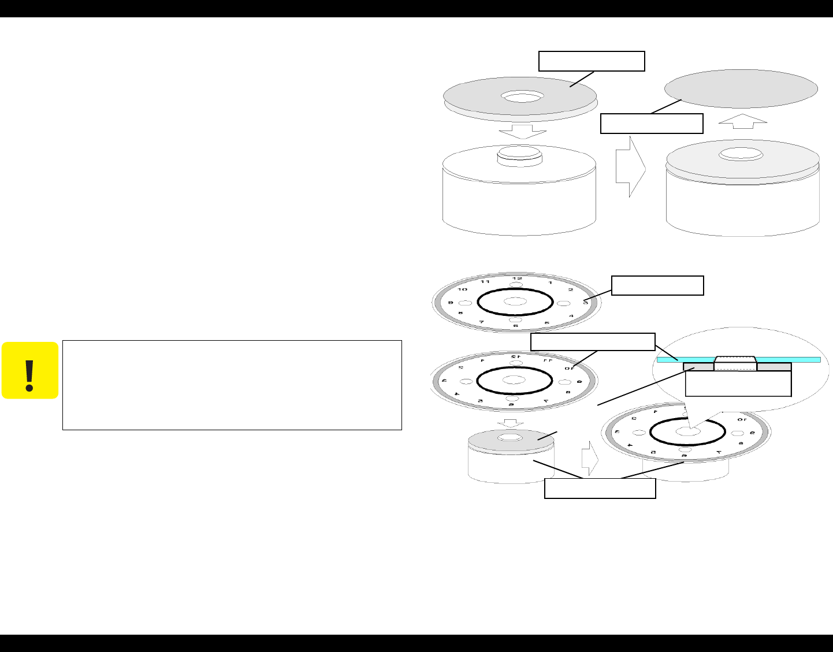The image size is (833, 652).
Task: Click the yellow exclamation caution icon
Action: (30, 371)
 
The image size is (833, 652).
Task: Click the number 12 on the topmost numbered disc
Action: (516, 278)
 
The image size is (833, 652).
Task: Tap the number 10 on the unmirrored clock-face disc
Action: (463, 289)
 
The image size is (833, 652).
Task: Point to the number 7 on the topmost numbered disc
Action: (481, 321)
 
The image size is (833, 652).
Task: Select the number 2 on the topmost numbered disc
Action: (570, 289)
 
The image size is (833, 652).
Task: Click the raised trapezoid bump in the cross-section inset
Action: (735, 362)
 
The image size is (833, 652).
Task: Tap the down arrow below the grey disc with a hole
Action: (522, 131)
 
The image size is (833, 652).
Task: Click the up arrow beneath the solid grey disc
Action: (743, 121)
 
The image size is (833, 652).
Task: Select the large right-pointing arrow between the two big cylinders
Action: (630, 167)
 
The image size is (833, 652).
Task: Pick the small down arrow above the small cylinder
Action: (510, 423)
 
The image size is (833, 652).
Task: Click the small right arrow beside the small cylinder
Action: (587, 457)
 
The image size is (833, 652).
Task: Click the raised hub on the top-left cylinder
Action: (519, 156)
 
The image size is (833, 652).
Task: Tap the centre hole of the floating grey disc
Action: (522, 96)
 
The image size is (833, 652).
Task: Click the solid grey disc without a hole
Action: (741, 89)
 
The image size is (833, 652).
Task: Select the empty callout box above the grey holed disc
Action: (592, 61)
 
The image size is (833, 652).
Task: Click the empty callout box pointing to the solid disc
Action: (652, 124)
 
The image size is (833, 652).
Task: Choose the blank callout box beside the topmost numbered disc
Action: (657, 286)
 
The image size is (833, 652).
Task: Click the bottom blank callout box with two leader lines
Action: (600, 489)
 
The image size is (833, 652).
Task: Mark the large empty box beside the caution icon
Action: (232, 385)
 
